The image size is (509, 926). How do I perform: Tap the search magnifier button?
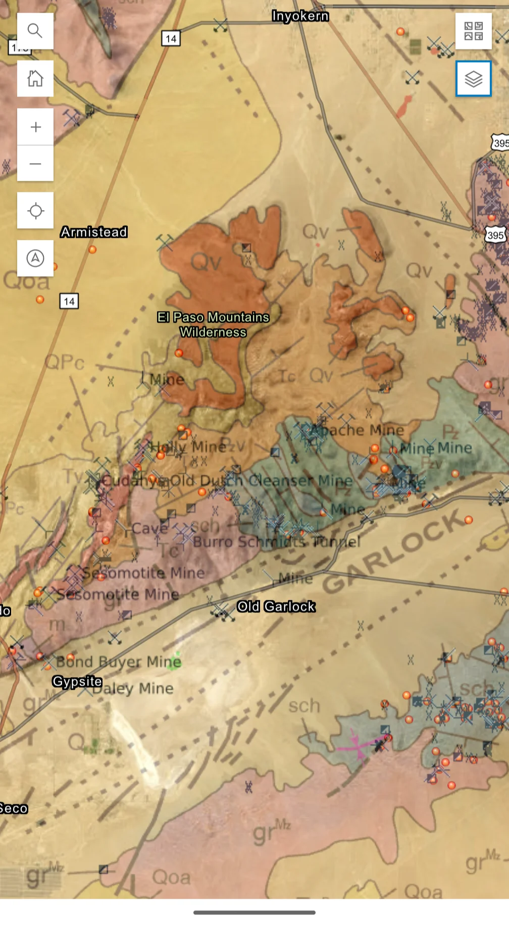point(35,31)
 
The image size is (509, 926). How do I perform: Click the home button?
point(35,78)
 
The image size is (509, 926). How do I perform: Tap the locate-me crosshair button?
point(35,211)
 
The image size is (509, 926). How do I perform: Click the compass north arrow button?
point(35,258)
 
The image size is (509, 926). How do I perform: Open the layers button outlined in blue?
point(473,79)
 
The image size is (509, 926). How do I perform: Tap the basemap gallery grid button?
point(473,31)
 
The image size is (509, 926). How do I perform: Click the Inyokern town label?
point(300,16)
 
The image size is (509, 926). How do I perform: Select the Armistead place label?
point(94,232)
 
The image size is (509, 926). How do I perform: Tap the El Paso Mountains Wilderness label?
point(213,325)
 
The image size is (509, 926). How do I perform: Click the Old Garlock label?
point(276,606)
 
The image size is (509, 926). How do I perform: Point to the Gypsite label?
point(77,682)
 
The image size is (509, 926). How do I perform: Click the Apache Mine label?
point(358,430)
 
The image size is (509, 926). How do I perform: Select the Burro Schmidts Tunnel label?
point(276,542)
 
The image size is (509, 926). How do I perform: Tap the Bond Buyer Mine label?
point(118,661)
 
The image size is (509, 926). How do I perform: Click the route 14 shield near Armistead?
point(69,301)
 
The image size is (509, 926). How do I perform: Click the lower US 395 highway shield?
point(495,235)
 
